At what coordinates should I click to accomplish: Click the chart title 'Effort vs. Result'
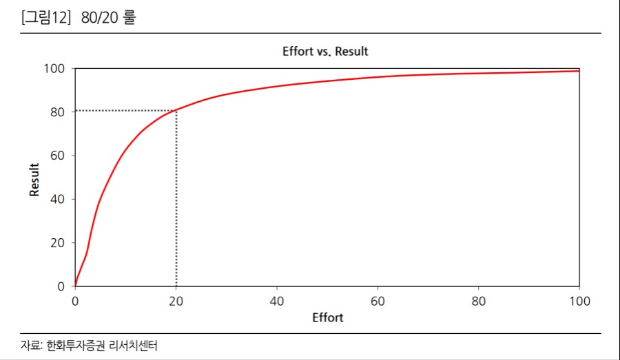(x=325, y=52)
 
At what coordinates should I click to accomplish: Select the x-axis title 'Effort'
(x=327, y=318)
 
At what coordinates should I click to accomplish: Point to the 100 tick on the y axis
(x=54, y=69)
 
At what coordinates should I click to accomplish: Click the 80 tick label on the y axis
(x=57, y=112)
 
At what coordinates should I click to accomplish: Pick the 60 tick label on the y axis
(x=57, y=156)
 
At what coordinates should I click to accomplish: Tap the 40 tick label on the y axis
(x=57, y=199)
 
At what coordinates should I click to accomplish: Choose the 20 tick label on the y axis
(x=57, y=242)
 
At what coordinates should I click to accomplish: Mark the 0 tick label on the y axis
(x=61, y=286)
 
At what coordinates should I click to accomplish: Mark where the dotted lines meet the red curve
(x=176, y=110)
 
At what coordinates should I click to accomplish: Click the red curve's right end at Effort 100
(x=579, y=71)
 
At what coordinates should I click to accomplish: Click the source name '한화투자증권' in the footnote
(x=74, y=346)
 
